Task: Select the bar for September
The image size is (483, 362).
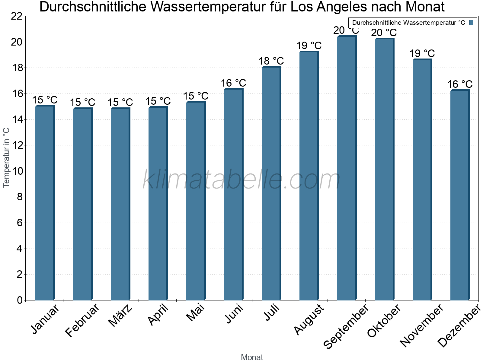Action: pyautogui.click(x=347, y=169)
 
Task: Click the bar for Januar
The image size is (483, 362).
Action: pyautogui.click(x=45, y=204)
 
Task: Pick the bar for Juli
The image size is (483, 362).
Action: pyautogui.click(x=271, y=184)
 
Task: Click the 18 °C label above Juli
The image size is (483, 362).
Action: pyautogui.click(x=271, y=61)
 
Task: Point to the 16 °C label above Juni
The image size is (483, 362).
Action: pyautogui.click(x=233, y=83)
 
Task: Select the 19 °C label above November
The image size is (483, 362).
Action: pyautogui.click(x=422, y=54)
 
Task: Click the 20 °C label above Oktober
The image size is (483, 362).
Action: pyautogui.click(x=384, y=33)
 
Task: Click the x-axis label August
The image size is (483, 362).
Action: pyautogui.click(x=309, y=320)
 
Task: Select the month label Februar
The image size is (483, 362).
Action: pyautogui.click(x=82, y=320)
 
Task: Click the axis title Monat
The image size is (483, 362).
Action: pyautogui.click(x=252, y=357)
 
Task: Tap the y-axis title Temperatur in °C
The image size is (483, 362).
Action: pyautogui.click(x=6, y=157)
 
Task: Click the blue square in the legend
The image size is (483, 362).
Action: pyautogui.click(x=471, y=23)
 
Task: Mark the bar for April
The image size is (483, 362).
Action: pyautogui.click(x=158, y=204)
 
